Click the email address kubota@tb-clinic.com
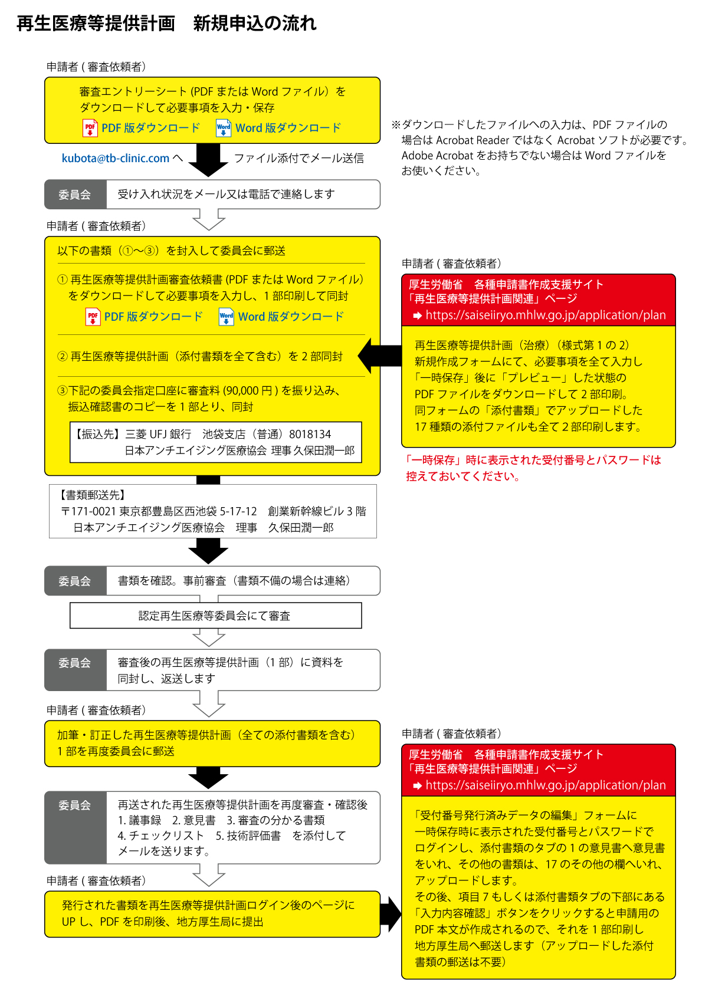[x=115, y=158]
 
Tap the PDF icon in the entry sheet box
[x=90, y=128]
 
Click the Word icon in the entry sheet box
[x=224, y=128]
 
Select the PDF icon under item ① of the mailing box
[x=93, y=317]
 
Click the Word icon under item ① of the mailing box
[x=226, y=317]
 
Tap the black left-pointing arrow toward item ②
[x=379, y=356]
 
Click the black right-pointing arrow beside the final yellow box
[x=391, y=913]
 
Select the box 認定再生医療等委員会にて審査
[x=215, y=615]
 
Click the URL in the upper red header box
[x=546, y=315]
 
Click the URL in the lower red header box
[x=546, y=785]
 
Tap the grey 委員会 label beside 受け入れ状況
[x=76, y=194]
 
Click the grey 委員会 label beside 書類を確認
[x=76, y=581]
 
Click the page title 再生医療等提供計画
[x=96, y=23]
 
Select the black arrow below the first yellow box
[x=208, y=160]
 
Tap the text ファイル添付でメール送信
[x=299, y=158]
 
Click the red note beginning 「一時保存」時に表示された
[x=533, y=468]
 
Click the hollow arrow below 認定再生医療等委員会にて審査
[x=209, y=637]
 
